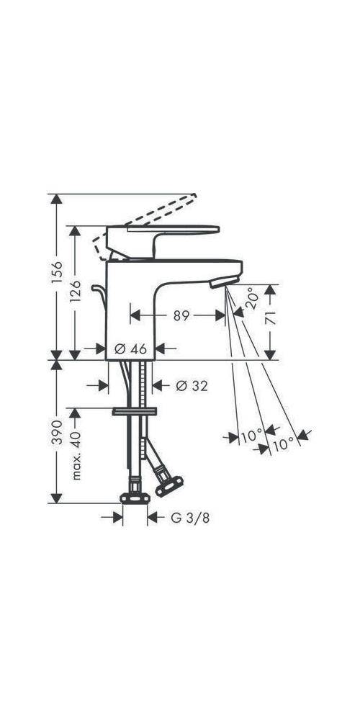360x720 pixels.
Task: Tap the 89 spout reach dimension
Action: tap(181, 315)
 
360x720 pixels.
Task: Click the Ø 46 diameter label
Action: tap(130, 348)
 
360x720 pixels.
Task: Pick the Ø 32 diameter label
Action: tap(192, 386)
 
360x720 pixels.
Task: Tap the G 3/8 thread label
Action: tap(186, 517)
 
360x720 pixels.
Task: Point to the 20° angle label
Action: tap(250, 298)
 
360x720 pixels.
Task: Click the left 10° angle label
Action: tap(251, 436)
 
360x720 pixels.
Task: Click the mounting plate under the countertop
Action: tap(134, 412)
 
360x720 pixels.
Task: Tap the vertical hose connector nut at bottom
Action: tap(135, 498)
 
